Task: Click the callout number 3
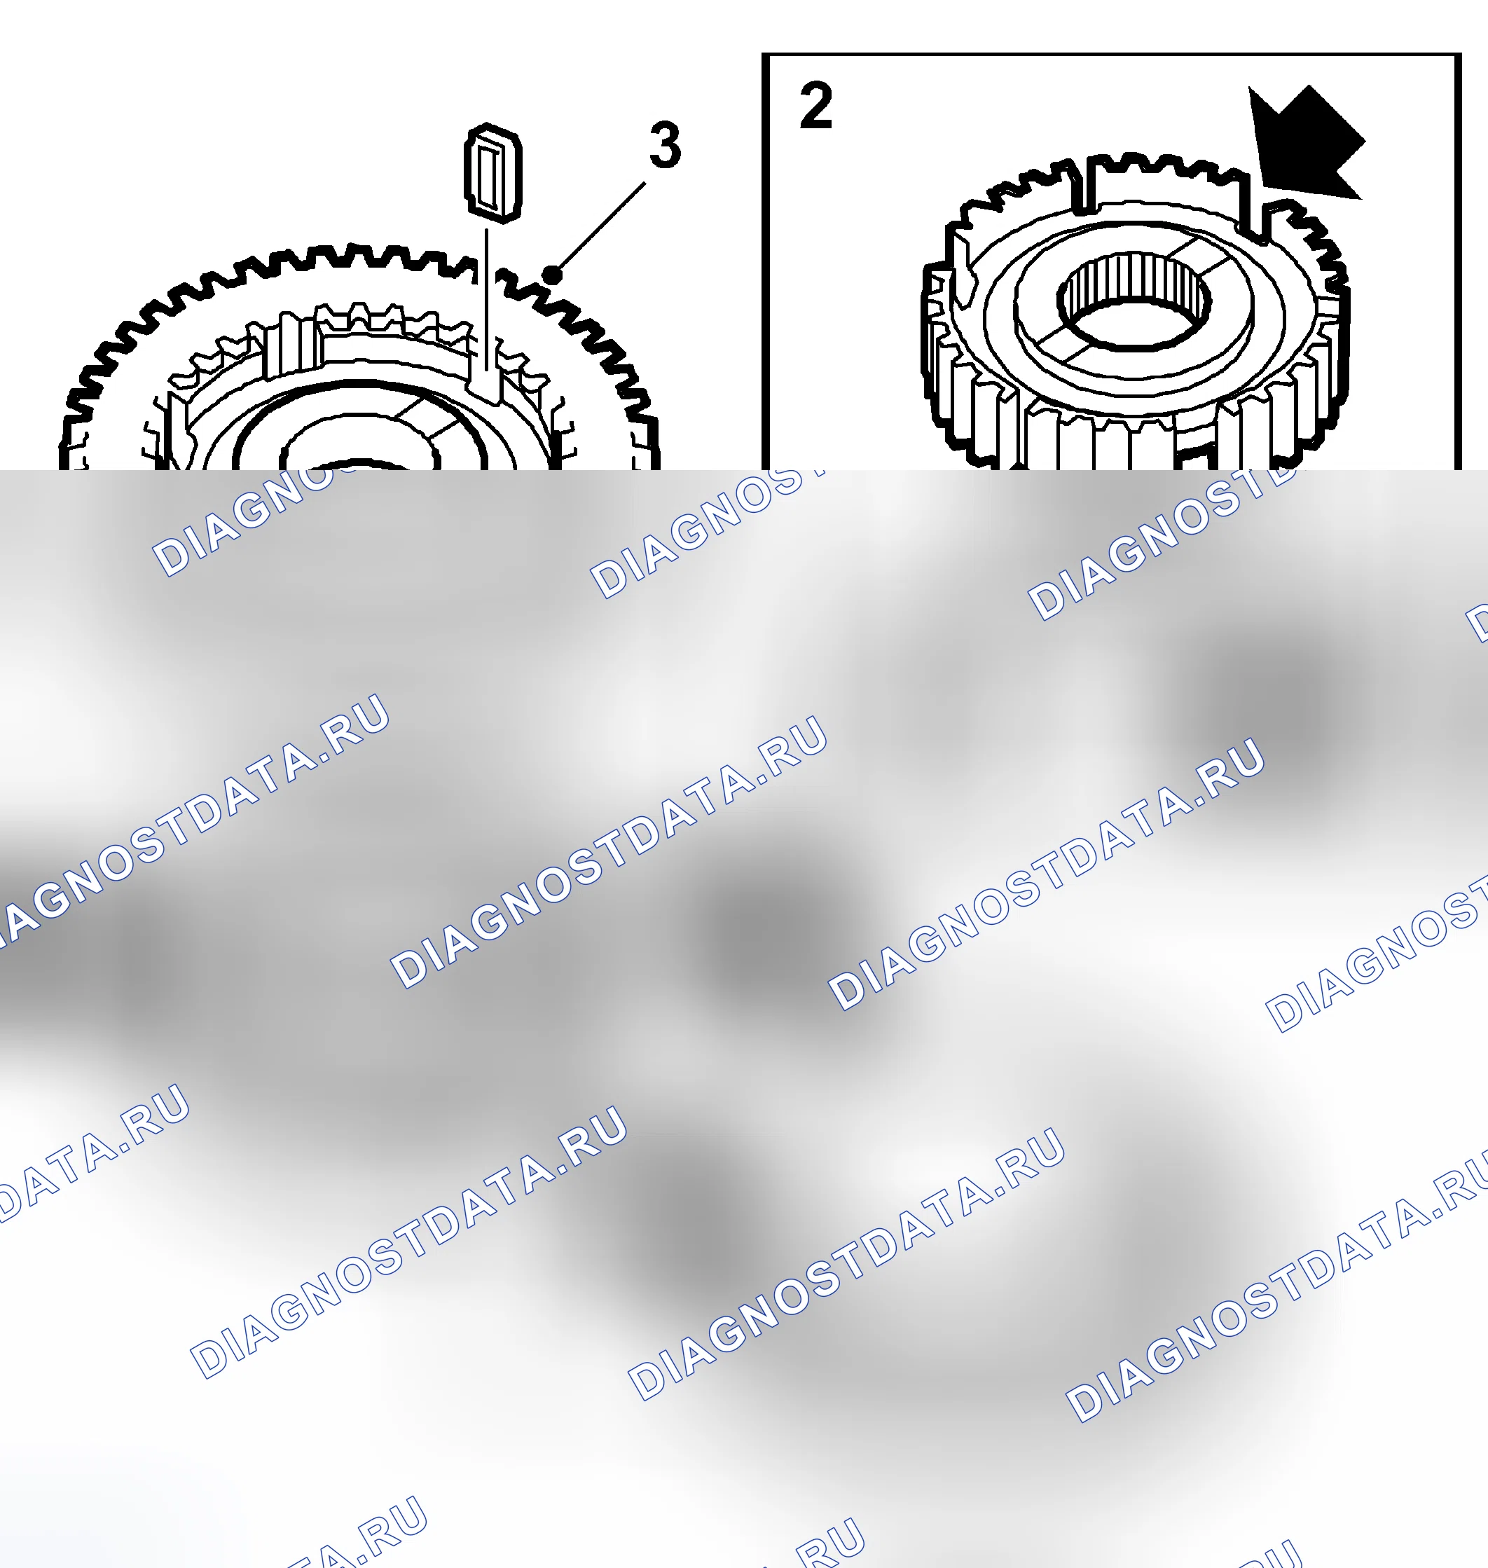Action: (x=665, y=145)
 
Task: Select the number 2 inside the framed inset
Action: (x=816, y=106)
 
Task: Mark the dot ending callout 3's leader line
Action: (x=552, y=275)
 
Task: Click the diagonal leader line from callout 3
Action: (x=599, y=229)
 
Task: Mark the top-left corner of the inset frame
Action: (x=764, y=55)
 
